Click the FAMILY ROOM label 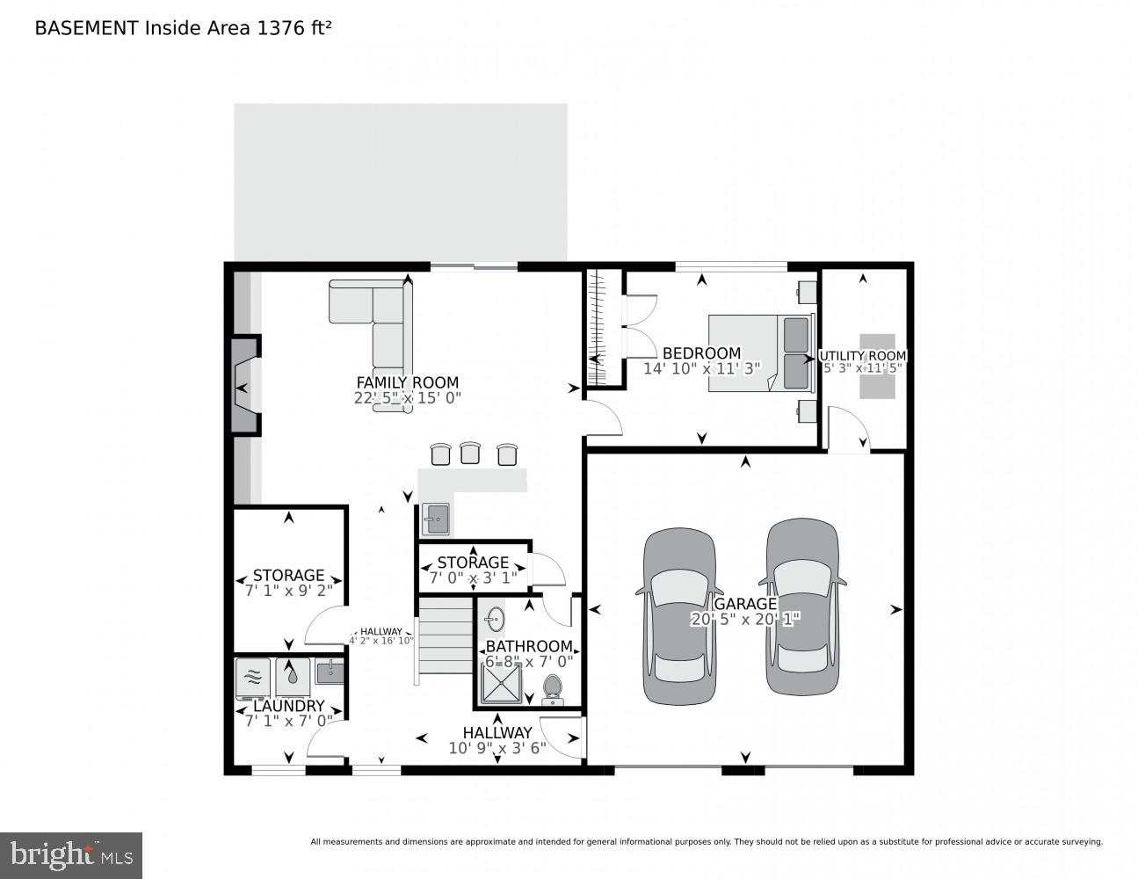(x=407, y=382)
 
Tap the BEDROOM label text (x=701, y=353)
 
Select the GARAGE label (x=745, y=604)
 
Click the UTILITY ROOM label (x=862, y=356)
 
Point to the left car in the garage (x=676, y=615)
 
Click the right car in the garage (x=801, y=607)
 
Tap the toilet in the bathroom (x=553, y=687)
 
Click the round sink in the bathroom (x=495, y=618)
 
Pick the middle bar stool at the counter (x=469, y=454)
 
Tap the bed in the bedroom (x=759, y=352)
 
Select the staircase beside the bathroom (x=445, y=635)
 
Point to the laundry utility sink (x=329, y=672)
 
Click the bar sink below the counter (x=435, y=519)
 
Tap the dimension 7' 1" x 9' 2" (x=288, y=592)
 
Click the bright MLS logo (x=71, y=855)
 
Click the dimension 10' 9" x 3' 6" (x=497, y=748)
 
